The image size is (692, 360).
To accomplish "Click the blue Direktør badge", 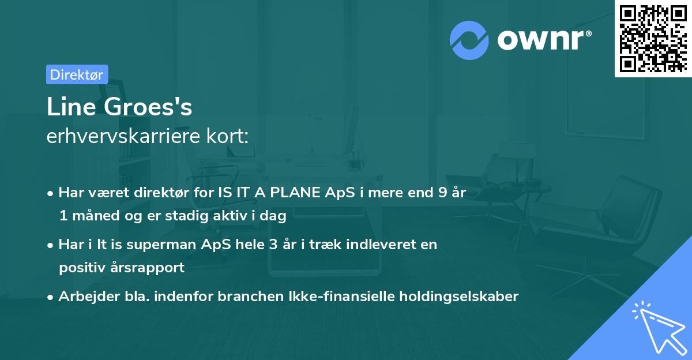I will click(77, 74).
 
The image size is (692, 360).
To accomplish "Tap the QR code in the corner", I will click(652, 39).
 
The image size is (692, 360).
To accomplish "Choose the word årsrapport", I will click(152, 268).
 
